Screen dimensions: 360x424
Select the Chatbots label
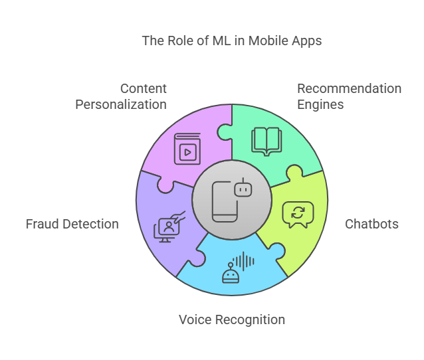[x=371, y=224]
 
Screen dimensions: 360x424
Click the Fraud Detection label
[x=72, y=224]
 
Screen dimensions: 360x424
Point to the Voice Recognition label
[x=232, y=319]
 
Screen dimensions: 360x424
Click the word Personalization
[x=121, y=104]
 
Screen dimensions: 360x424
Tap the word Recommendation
[x=349, y=88]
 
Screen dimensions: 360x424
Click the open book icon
[x=266, y=141]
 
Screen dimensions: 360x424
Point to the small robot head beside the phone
[x=245, y=189]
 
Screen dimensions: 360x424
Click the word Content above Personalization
[x=144, y=88]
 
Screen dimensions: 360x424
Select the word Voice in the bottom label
[x=195, y=319]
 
